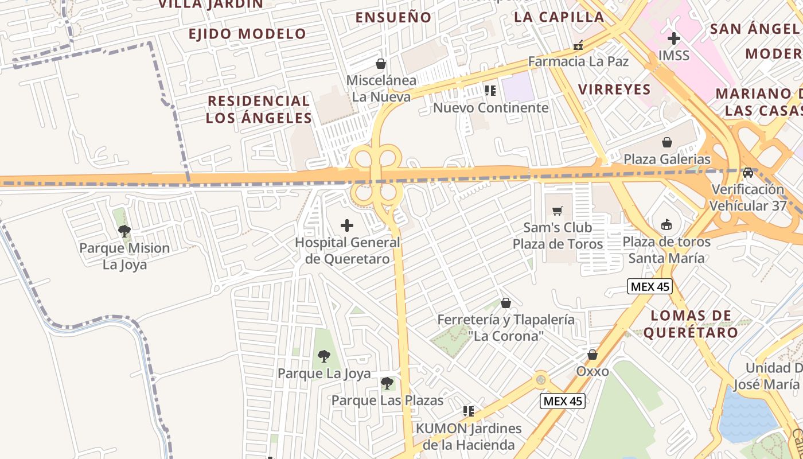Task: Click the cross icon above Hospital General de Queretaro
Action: [347, 225]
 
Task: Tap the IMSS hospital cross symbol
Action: [674, 39]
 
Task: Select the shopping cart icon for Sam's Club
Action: [558, 211]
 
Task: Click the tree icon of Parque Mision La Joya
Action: [124, 231]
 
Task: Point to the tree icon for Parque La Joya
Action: [324, 356]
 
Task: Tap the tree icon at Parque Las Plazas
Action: [387, 383]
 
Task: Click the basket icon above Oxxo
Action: [592, 355]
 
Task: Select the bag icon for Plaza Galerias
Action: [667, 142]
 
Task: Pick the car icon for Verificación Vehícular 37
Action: [748, 172]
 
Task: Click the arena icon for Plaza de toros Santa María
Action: [666, 224]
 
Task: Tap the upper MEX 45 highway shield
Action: [649, 286]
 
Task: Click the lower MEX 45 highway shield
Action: [563, 401]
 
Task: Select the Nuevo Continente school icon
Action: [490, 91]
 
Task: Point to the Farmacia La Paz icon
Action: [578, 45]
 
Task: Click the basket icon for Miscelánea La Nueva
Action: [380, 63]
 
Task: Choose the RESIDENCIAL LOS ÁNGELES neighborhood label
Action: [259, 110]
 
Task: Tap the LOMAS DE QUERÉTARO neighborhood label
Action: [691, 324]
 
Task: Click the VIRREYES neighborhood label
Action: [614, 90]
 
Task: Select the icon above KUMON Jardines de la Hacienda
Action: [469, 411]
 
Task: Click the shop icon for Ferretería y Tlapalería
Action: [506, 303]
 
